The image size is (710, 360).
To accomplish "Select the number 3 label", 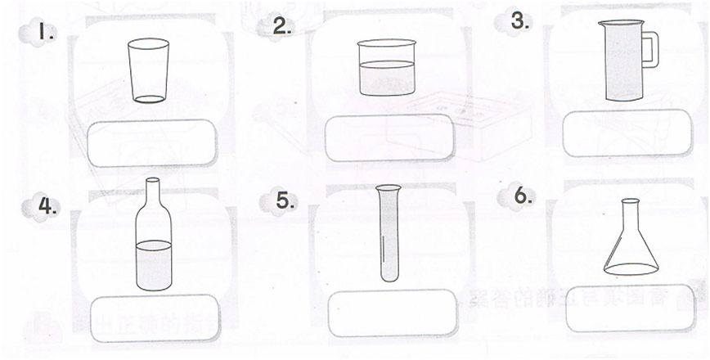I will pos(520,22).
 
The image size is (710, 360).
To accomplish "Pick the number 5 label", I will pos(284,200).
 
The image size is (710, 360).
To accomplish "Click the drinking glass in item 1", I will pos(149,70).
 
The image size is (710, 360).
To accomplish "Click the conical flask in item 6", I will pos(631,245).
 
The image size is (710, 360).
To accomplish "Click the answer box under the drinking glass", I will pos(152,142).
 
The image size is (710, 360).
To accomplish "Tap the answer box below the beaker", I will pos(389,137).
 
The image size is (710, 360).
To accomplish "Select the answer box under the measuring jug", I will pos(627,132).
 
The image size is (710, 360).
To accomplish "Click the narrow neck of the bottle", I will pos(153,195).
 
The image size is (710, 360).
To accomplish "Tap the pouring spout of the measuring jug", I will pos(603,25).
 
